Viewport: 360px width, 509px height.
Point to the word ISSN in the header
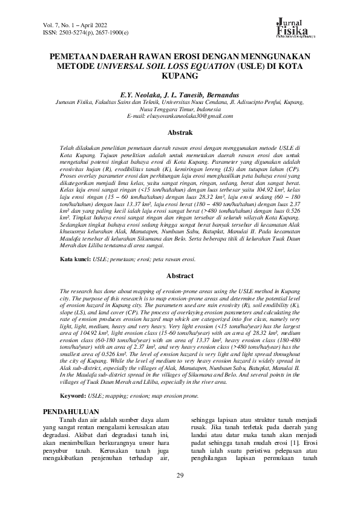click(x=51, y=31)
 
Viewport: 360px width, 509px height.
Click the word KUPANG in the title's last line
click(x=180, y=77)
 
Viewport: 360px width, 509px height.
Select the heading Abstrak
click(x=180, y=132)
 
